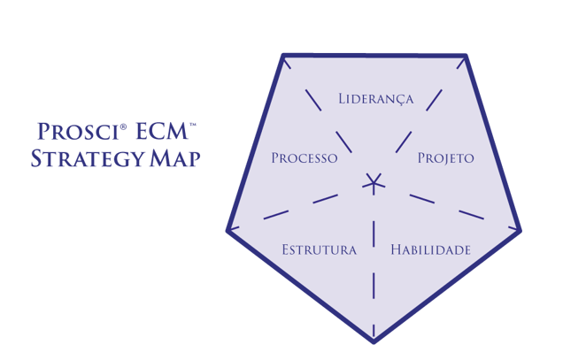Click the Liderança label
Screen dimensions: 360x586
(375, 98)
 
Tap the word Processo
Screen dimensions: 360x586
(305, 158)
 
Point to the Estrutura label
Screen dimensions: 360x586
(319, 250)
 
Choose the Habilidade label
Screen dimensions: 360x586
(430, 250)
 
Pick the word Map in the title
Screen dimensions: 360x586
(173, 159)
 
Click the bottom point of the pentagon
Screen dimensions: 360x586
(374, 340)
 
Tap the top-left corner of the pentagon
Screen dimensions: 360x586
(283, 56)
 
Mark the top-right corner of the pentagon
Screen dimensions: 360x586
(466, 56)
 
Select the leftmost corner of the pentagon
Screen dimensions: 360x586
(228, 230)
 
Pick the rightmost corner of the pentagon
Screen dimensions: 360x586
(520, 231)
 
